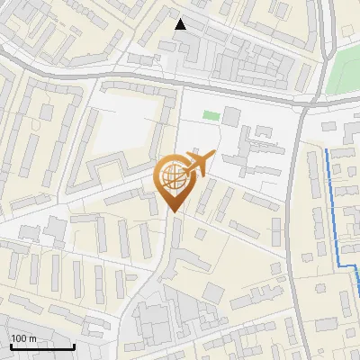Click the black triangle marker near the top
click(x=181, y=24)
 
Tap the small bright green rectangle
click(x=211, y=115)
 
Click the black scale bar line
click(x=42, y=346)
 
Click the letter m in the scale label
click(x=33, y=338)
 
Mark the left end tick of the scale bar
click(x=11, y=345)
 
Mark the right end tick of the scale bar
click(x=74, y=345)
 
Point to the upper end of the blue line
click(x=328, y=151)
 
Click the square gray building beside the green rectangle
click(x=231, y=116)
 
